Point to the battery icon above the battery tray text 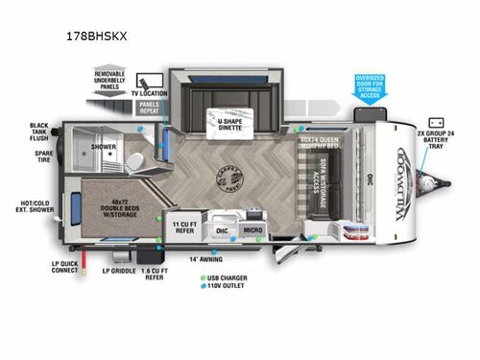[436, 123]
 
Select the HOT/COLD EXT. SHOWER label [37, 207]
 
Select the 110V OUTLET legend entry [227, 287]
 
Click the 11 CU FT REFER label [183, 227]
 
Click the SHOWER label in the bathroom [104, 147]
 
